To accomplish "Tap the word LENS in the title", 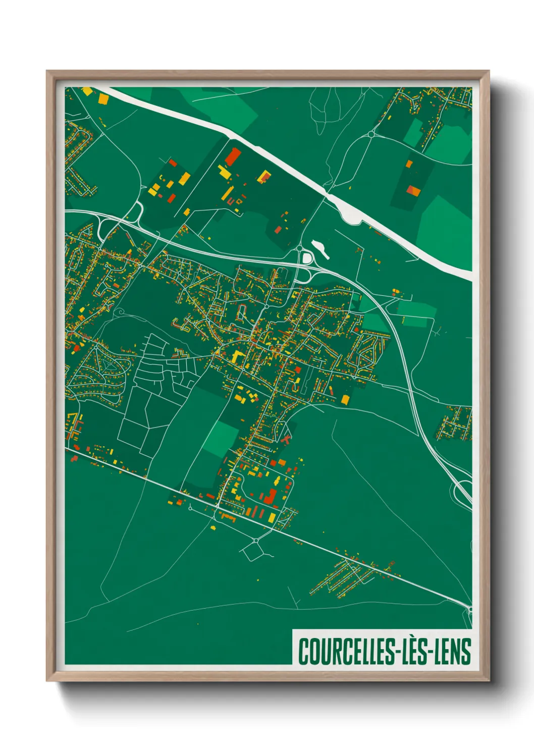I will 453,652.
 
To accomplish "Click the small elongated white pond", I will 320,249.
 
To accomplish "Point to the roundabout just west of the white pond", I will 299,248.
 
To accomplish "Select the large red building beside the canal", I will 232,157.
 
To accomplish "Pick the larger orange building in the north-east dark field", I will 413,190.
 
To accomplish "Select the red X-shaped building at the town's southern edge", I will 287,439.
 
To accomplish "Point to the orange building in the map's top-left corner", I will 87,91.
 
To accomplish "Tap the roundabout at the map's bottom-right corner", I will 470,610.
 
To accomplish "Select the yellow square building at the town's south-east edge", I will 345,400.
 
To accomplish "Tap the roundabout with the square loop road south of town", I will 255,541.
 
